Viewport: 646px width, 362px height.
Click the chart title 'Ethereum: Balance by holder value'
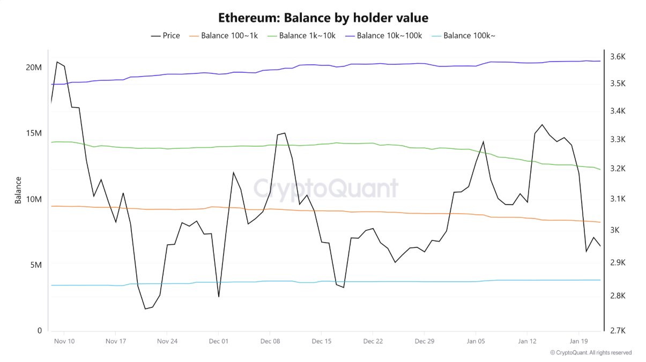coord(323,18)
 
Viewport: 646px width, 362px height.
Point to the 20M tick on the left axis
coord(33,67)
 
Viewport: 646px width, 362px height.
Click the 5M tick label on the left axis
coord(35,265)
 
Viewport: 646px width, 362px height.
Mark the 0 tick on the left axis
coord(39,331)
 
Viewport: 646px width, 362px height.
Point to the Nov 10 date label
coord(64,341)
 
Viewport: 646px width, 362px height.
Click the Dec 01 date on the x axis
coord(219,341)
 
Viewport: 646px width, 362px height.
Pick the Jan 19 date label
coord(579,341)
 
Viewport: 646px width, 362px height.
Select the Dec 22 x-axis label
coord(373,341)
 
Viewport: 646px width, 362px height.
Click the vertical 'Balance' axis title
coord(18,190)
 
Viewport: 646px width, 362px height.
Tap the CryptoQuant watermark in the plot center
coord(325,188)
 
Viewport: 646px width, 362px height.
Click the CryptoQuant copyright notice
coord(591,352)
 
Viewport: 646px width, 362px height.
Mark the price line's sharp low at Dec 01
coord(219,297)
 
